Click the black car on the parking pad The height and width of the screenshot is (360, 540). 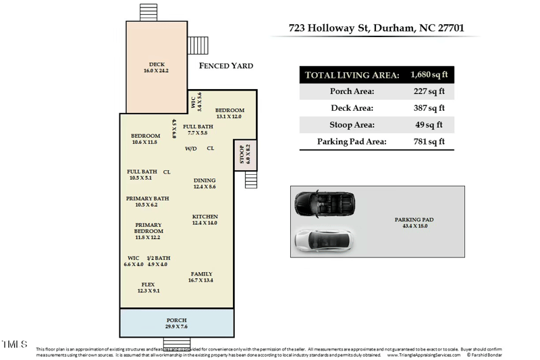click(325, 203)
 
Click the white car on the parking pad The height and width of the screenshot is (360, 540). click(325, 240)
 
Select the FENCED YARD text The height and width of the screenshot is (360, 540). click(226, 66)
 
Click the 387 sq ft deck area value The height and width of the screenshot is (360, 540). click(429, 108)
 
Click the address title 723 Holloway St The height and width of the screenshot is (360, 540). click(375, 28)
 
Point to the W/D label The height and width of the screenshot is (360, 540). click(191, 149)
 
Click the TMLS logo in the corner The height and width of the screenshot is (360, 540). click(14, 344)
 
